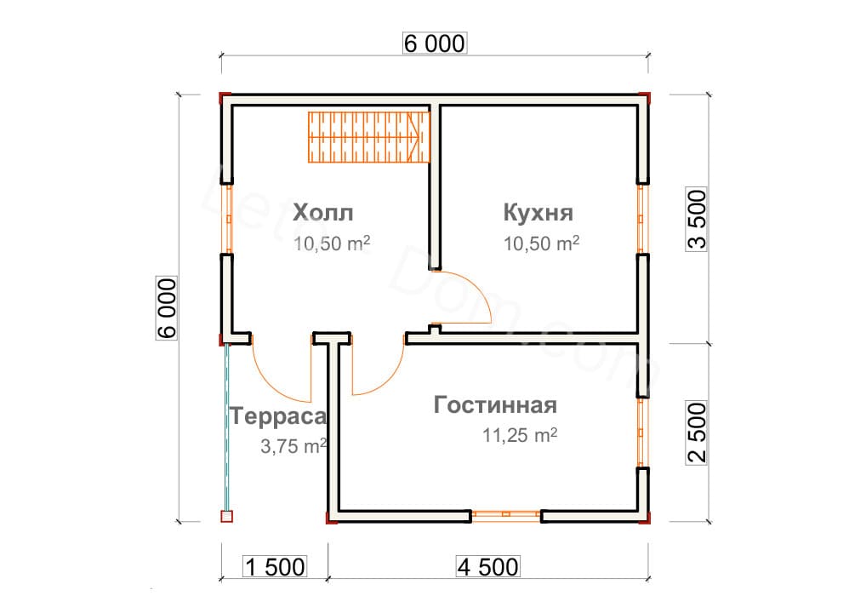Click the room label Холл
pos(322,211)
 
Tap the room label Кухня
pos(538,211)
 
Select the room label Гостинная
pos(495,404)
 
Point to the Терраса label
pos(278,416)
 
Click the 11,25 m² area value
pos(519,436)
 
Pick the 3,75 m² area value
pos(293,445)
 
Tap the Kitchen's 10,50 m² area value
pos(541,243)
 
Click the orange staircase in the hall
pos(371,137)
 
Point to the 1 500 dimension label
pos(274,566)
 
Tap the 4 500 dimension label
pos(487,566)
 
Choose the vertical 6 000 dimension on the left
pos(168,308)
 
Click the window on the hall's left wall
pos(228,218)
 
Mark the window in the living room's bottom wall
pos(506,514)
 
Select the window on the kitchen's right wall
pos(642,218)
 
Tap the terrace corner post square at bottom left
pos(226,516)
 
